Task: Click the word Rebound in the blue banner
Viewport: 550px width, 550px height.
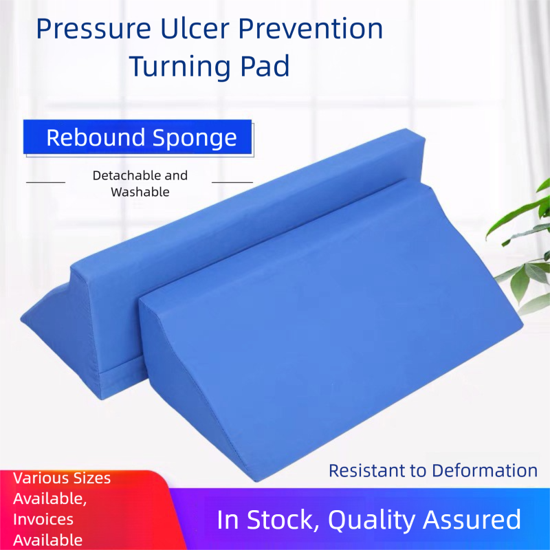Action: [93, 137]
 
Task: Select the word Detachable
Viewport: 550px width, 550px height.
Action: [140, 175]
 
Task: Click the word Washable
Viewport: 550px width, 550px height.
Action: [140, 192]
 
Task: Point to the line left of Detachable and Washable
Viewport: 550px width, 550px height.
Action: [45, 182]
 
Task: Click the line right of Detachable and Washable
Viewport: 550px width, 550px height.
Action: [232, 182]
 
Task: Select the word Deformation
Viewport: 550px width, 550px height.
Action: [485, 470]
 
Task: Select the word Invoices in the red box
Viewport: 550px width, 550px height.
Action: [43, 519]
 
